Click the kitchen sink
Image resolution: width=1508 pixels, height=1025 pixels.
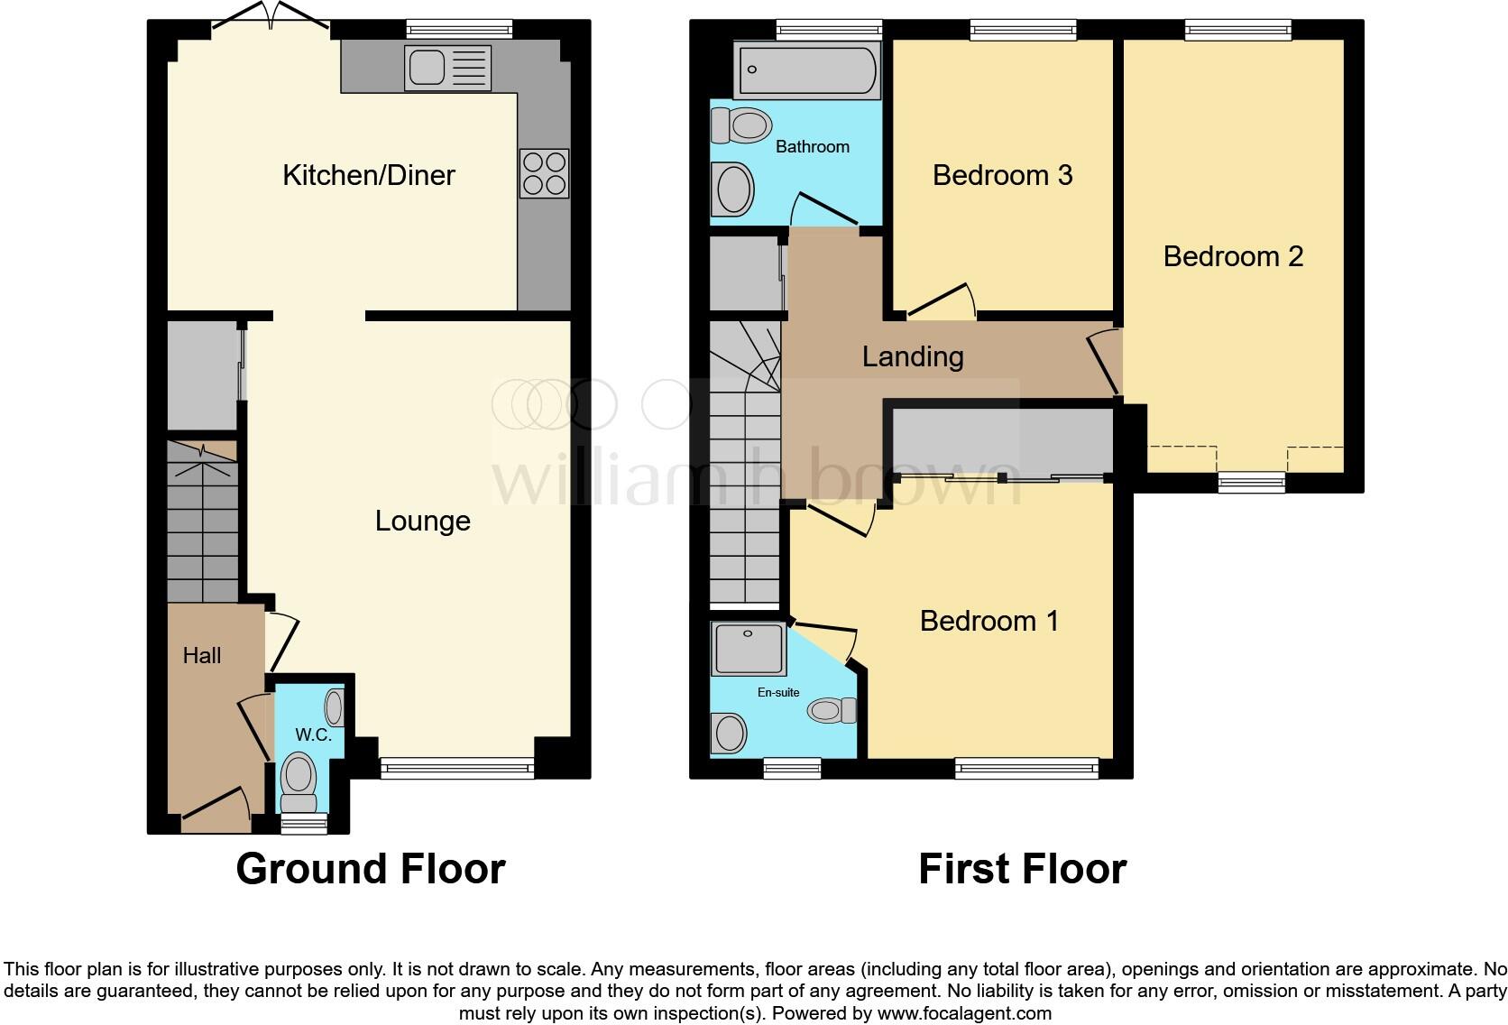tap(448, 69)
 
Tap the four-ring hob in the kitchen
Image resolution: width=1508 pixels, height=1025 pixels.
tap(544, 173)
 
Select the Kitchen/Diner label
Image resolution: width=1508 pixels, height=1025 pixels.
tap(368, 175)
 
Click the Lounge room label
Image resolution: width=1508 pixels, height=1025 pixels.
tap(422, 521)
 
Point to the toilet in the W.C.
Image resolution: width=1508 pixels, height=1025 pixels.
tap(299, 781)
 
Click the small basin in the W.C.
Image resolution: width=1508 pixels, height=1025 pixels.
tap(335, 707)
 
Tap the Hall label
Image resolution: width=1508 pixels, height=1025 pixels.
tap(201, 656)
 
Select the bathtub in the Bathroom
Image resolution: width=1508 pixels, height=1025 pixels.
tap(807, 69)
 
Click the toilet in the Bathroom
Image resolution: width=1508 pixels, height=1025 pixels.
tap(740, 125)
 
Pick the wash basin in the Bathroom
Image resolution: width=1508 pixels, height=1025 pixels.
tap(731, 189)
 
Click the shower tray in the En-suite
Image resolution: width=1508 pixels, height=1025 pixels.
tap(748, 648)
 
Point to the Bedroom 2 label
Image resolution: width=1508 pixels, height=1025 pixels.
tap(1233, 256)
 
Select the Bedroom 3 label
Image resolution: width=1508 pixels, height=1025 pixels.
tap(1002, 175)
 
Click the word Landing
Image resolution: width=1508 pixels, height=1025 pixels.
tap(913, 356)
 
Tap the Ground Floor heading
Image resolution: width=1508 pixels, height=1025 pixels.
tap(370, 869)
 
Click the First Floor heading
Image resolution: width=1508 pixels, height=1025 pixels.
tap(1022, 869)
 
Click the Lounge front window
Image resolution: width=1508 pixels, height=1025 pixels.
tap(457, 768)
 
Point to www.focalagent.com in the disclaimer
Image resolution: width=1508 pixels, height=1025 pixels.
tap(963, 1013)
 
